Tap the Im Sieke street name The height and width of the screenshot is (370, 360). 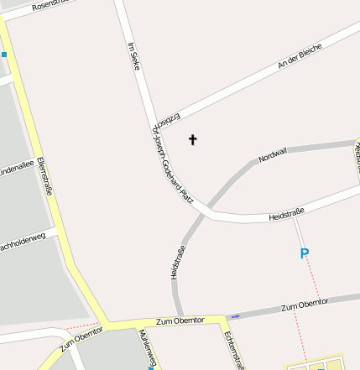click(x=132, y=56)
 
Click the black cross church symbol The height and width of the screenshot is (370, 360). click(x=192, y=139)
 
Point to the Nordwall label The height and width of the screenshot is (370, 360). click(x=273, y=155)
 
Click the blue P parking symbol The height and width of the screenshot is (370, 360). click(x=305, y=253)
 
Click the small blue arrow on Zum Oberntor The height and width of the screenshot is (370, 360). click(x=234, y=316)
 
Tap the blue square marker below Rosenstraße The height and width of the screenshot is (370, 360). click(x=3, y=55)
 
